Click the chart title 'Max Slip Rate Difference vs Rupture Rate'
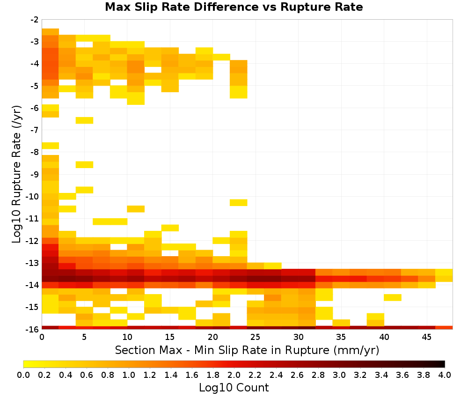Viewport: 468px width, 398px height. click(x=234, y=7)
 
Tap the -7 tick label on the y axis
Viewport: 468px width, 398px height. click(x=35, y=130)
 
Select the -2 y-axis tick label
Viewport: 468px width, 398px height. click(x=35, y=20)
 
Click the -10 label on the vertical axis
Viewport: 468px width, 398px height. click(x=33, y=197)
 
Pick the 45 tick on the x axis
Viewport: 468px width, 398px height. click(x=426, y=337)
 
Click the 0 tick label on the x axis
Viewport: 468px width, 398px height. click(x=42, y=337)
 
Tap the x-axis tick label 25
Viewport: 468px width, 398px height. click(x=256, y=337)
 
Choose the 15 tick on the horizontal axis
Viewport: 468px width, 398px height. click(x=170, y=337)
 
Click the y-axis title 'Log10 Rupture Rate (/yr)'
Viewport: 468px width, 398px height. click(x=16, y=174)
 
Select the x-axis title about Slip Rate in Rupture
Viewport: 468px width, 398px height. click(x=247, y=350)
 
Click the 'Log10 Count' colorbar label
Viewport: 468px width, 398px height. click(x=234, y=388)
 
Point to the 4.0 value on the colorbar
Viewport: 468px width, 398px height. click(x=445, y=375)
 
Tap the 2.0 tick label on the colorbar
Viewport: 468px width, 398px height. click(x=234, y=375)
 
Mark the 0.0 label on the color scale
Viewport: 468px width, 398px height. click(x=23, y=375)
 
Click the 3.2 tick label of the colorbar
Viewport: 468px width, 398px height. click(x=360, y=375)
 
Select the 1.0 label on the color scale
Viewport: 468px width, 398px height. click(x=129, y=375)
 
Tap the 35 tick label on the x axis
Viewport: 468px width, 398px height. click(x=341, y=337)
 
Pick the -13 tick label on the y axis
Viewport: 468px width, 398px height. click(x=33, y=263)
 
